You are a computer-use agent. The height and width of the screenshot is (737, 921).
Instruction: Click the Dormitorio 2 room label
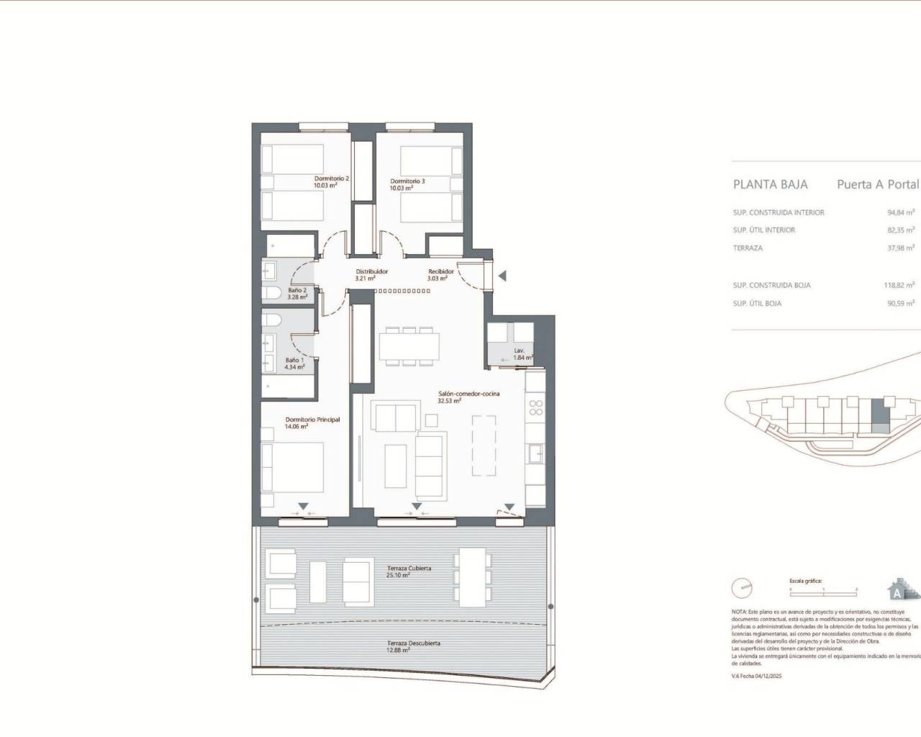point(332,178)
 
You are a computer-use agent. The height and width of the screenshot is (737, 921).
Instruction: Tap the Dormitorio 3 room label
point(407,181)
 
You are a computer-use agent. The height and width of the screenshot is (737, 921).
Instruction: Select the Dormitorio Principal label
point(312,420)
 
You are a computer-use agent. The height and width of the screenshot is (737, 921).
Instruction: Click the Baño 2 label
point(297,290)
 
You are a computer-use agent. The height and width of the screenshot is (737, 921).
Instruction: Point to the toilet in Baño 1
point(273,321)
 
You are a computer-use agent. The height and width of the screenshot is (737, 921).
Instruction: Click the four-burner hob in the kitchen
point(535,408)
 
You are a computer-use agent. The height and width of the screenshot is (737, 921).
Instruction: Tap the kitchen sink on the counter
point(535,453)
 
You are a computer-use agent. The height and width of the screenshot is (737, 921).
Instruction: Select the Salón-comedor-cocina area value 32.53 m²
point(449,402)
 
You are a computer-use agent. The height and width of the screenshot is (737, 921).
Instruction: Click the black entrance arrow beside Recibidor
point(502,276)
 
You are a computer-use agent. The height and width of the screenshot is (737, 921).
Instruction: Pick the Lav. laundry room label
point(519,351)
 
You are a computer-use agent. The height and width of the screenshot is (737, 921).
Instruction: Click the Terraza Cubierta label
point(409,569)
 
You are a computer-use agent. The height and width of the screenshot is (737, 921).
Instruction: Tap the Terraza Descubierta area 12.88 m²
point(397,650)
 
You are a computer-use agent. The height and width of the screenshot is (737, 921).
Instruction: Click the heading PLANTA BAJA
point(770,184)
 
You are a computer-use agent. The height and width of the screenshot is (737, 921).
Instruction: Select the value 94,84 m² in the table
point(900,213)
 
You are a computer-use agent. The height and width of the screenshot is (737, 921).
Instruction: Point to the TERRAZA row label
point(748,248)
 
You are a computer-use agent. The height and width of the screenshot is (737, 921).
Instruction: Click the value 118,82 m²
point(899,286)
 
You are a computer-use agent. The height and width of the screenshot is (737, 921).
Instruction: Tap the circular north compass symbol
point(741,588)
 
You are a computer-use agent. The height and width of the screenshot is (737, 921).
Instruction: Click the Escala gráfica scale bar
point(822,588)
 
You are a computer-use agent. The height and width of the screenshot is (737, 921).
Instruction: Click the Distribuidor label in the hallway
point(372,271)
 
